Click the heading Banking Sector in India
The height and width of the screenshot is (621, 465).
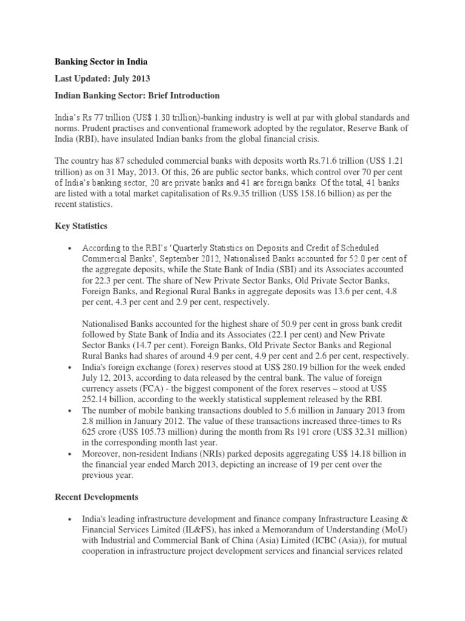click(x=101, y=62)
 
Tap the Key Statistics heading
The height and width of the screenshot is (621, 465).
click(x=81, y=226)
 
